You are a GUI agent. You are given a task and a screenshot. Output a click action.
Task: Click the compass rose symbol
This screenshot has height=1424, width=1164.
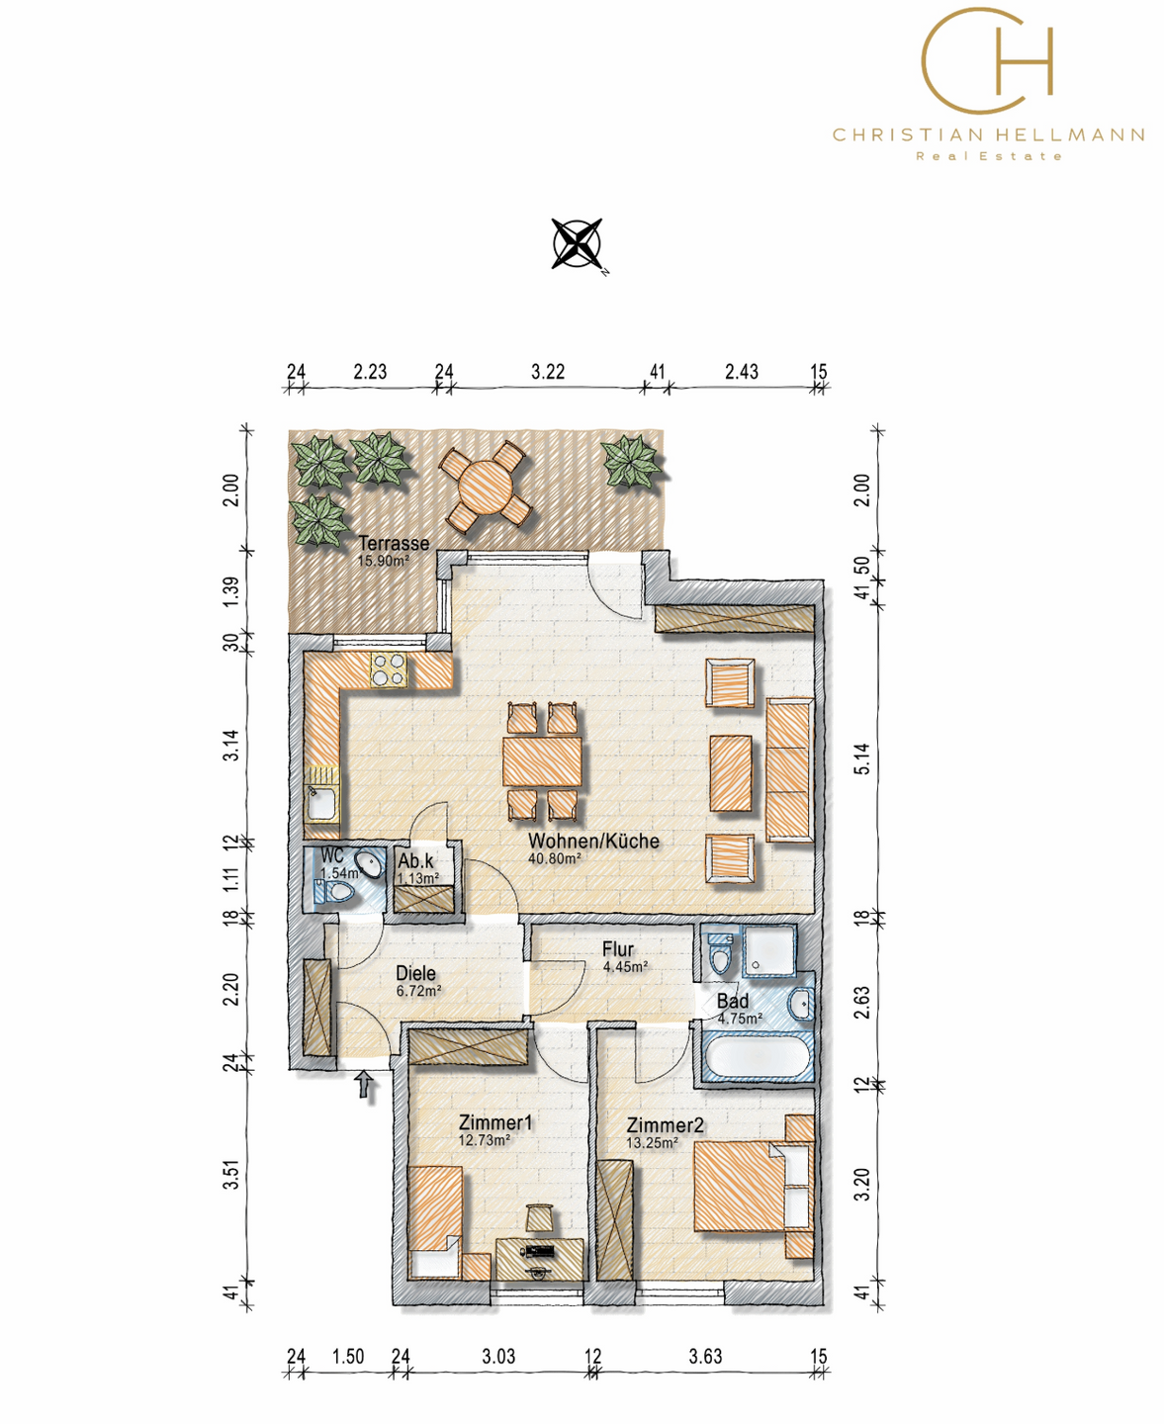tap(577, 243)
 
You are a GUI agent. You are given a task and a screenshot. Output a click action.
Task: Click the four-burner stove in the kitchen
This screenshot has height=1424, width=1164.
tap(389, 669)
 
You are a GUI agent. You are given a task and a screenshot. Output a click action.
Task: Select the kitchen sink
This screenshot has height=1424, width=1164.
tap(322, 803)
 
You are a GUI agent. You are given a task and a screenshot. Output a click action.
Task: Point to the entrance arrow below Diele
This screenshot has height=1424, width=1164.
tap(364, 1085)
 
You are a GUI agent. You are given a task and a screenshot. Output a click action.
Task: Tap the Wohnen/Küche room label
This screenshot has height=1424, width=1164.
tap(593, 841)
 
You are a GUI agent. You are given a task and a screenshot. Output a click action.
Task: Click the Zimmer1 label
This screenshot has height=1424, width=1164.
tap(494, 1122)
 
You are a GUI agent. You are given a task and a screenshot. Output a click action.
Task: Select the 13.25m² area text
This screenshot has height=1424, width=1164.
tap(653, 1143)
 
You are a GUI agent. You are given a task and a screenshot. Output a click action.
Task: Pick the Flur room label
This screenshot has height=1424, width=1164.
tap(618, 948)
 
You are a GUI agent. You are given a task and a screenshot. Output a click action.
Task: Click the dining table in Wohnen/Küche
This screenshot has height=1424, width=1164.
tap(542, 761)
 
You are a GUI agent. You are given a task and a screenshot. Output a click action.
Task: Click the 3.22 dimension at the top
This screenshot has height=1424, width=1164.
tap(548, 372)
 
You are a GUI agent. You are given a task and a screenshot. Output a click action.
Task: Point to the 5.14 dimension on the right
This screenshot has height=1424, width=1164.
tap(863, 758)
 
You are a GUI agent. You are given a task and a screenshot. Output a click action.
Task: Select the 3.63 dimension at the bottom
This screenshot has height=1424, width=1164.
tap(705, 1356)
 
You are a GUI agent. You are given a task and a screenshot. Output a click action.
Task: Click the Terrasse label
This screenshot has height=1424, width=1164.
tap(395, 543)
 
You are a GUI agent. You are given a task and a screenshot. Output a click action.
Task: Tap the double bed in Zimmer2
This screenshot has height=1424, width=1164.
tap(753, 1187)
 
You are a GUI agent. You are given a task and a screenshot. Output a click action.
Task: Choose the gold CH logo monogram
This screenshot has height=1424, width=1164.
tap(987, 60)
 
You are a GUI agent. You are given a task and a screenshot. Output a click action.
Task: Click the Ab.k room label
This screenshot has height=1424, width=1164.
tap(416, 861)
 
